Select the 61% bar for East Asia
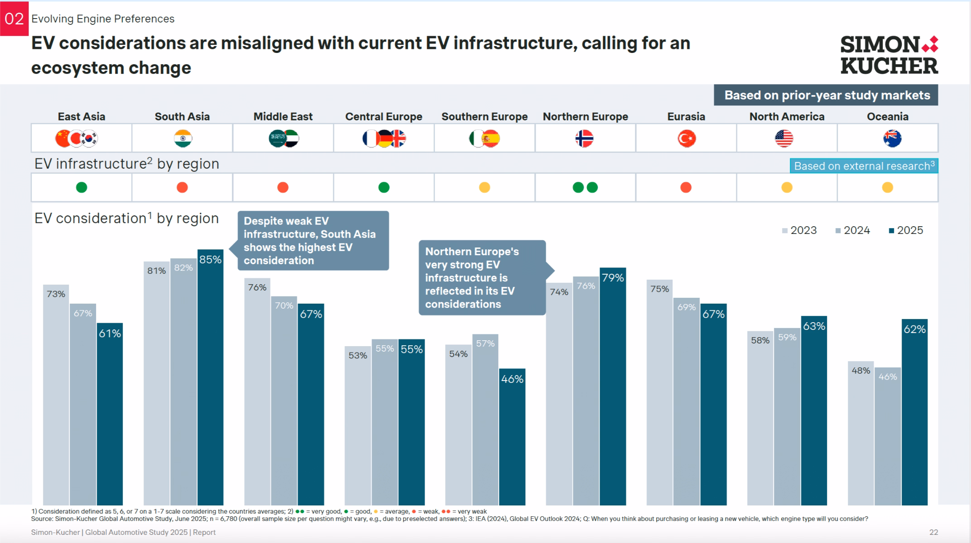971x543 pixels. pos(110,414)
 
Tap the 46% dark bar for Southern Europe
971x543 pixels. pos(512,436)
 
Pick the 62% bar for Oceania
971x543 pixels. pos(914,412)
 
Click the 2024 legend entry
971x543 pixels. pos(852,230)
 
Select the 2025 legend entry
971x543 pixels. pos(906,230)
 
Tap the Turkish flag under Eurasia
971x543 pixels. pos(686,138)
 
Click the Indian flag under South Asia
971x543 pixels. pos(183,138)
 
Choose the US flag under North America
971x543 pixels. pos(784,138)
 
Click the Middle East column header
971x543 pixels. pos(283,117)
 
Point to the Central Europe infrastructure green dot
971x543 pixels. pos(384,187)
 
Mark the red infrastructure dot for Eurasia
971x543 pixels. pos(686,187)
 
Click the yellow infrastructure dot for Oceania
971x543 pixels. pos(887,187)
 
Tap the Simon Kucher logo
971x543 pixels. pos(889,55)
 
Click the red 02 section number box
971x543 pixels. pos(14,19)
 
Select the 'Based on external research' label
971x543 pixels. pos(863,166)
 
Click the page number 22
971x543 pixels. pos(933,532)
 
